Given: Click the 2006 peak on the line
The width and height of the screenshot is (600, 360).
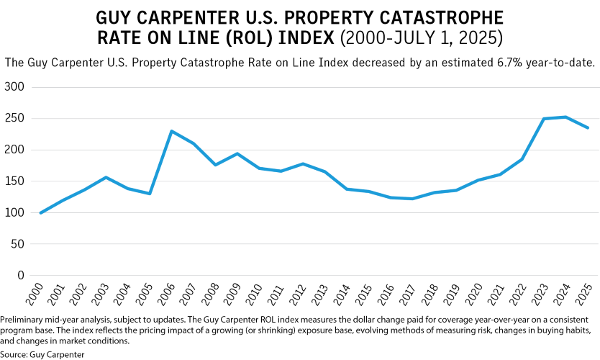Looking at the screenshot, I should tap(172, 131).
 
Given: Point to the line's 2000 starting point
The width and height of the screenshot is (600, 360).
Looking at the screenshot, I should tap(41, 213).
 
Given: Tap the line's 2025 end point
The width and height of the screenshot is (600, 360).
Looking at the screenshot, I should tap(587, 128).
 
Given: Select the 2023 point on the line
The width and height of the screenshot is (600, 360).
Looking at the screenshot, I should tap(543, 119).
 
